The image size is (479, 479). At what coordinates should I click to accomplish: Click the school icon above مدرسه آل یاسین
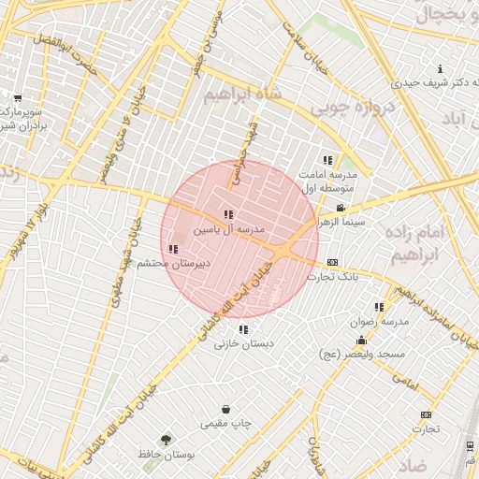point(229,215)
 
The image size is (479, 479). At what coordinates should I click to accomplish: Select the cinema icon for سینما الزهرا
point(340,208)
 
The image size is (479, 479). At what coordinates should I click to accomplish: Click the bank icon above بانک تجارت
point(332,263)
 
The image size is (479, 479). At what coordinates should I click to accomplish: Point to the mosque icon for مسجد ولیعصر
point(361,340)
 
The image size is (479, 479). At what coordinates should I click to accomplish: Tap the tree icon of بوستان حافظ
point(166,439)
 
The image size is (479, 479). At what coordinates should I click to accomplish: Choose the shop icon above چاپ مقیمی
point(226,409)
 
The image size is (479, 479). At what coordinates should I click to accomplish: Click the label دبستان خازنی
point(244,343)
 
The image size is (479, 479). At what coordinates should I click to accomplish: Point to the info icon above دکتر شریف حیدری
point(441,68)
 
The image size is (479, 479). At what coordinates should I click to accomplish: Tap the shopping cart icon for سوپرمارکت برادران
point(18,98)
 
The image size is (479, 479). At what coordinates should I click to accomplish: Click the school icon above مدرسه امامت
point(327,160)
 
